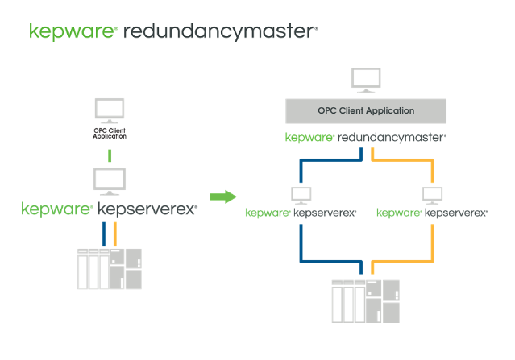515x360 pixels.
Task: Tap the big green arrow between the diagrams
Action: [x=222, y=196]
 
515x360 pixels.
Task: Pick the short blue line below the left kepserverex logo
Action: [x=104, y=234]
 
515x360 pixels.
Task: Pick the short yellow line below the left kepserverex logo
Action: [x=116, y=234]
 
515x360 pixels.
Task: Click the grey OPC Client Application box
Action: [x=366, y=110]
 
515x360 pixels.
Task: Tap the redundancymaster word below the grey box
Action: [x=391, y=137]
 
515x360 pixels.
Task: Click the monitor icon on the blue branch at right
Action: [x=301, y=195]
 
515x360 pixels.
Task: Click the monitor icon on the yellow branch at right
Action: [x=433, y=195]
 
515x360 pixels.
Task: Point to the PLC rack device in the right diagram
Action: [x=366, y=300]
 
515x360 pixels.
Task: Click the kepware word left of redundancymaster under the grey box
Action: [x=309, y=138]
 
